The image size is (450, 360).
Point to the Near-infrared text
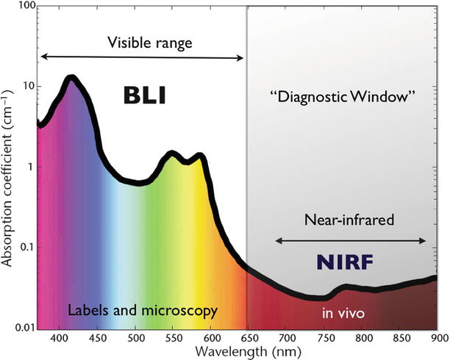(351, 219)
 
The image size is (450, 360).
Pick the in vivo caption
(343, 314)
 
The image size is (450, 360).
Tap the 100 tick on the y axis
(24, 7)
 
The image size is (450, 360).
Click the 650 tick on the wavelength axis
(249, 339)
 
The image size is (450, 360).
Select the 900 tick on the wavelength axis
(437, 339)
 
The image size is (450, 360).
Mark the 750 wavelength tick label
(324, 339)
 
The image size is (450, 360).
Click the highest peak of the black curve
(71, 78)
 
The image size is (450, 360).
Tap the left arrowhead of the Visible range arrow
(43, 57)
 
